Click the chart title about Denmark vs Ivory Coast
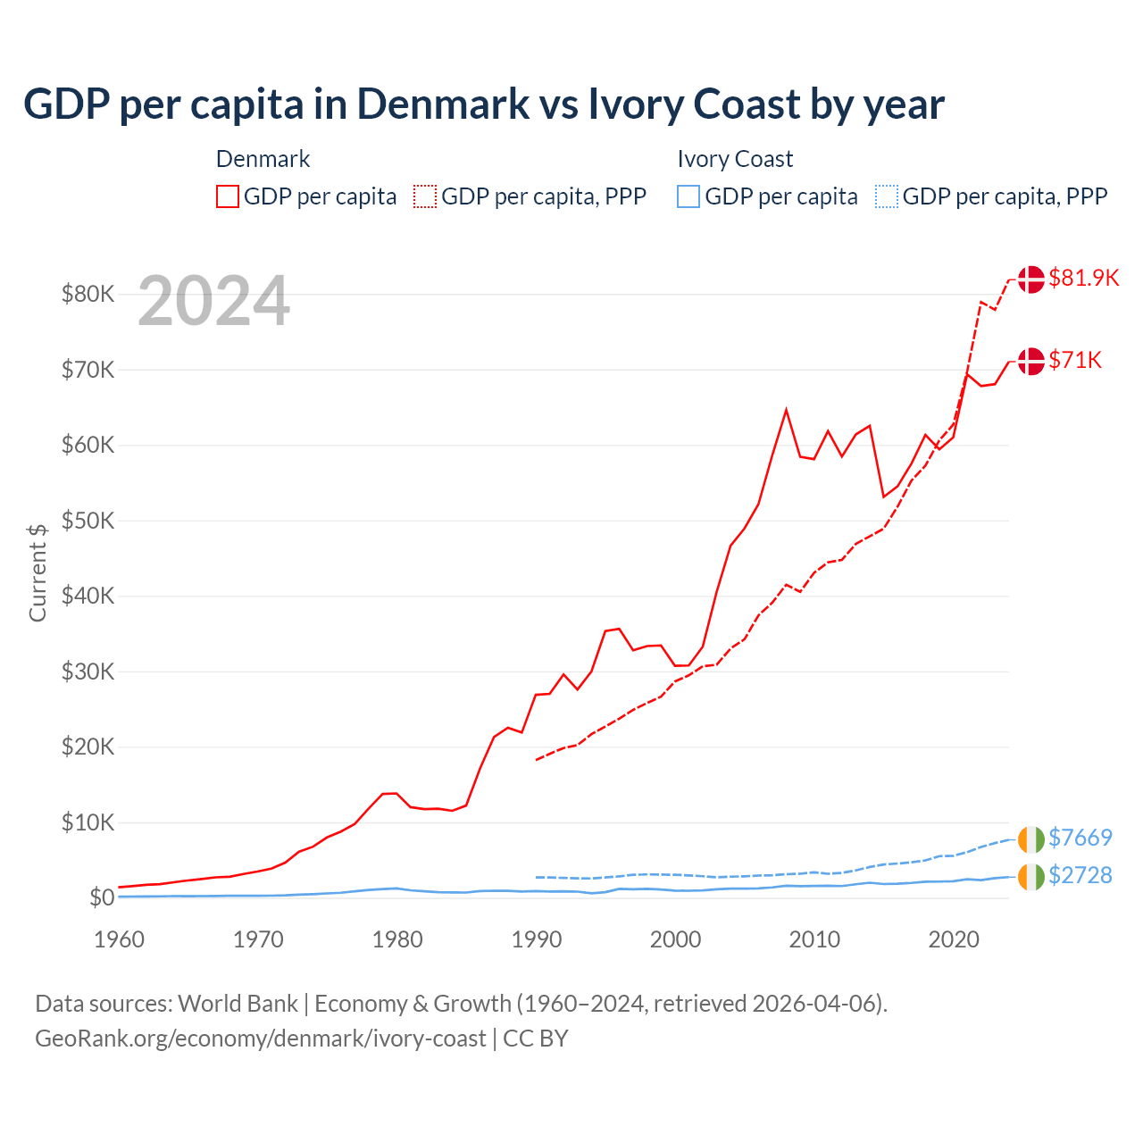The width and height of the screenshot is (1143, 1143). [483, 104]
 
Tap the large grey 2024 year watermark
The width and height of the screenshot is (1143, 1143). [213, 301]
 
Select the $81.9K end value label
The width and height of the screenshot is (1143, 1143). [1083, 278]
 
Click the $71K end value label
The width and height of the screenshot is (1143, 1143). [1075, 360]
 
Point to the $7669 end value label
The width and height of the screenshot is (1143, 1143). [1080, 838]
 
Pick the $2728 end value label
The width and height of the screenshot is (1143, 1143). [1080, 875]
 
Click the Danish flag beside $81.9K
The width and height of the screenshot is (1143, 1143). [1030, 279]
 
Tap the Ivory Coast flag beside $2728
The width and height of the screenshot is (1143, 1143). [1030, 876]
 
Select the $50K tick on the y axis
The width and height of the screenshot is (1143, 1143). [88, 521]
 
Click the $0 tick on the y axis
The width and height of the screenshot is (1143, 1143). [101, 897]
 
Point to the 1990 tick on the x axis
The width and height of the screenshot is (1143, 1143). [537, 939]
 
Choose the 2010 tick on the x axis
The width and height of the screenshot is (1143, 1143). [814, 939]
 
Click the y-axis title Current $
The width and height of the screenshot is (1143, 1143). [38, 572]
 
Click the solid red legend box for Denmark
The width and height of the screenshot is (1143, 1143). [228, 196]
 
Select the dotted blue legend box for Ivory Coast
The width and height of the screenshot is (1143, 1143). [887, 196]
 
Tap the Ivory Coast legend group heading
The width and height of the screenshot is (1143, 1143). [735, 159]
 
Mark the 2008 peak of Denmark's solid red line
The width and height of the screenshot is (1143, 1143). [786, 410]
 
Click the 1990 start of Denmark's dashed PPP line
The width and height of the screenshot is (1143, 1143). [536, 760]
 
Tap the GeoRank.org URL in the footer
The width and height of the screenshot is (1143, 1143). [260, 1039]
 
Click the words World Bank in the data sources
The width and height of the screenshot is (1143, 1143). [238, 1004]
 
